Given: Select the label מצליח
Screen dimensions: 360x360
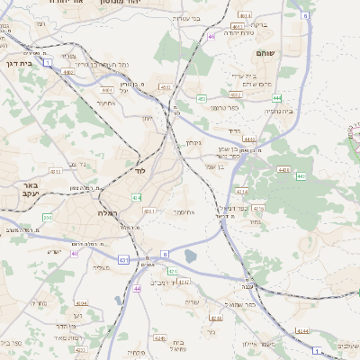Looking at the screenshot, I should tap(100, 267).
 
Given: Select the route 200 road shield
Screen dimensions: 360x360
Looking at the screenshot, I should tap(47, 218).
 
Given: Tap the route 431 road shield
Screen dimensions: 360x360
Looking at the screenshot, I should tap(121, 259).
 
